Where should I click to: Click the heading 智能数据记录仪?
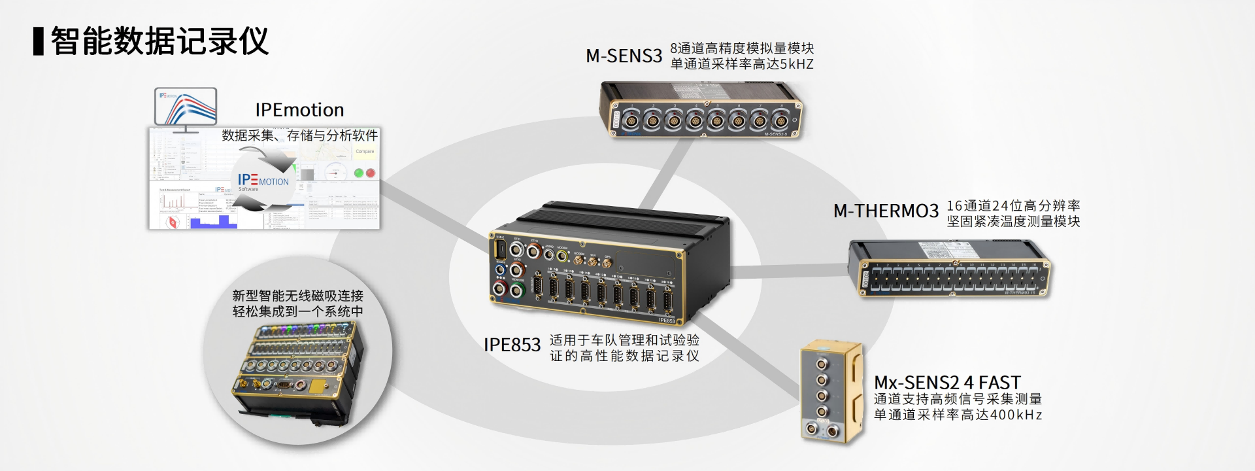tap(159, 41)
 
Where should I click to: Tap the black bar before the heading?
tap(39, 41)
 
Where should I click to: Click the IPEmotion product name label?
tap(299, 110)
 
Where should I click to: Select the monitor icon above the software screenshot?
tap(186, 109)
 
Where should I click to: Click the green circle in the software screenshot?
tap(359, 173)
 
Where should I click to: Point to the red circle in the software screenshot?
tap(371, 173)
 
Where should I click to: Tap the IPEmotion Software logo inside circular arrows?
tap(263, 181)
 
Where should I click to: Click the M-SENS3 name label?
tap(624, 56)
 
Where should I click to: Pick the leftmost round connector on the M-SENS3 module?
tap(631, 120)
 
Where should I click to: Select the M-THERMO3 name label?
tap(886, 211)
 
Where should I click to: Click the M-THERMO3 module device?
tap(949, 268)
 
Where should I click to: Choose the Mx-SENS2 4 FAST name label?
tap(947, 382)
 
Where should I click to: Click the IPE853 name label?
tap(512, 345)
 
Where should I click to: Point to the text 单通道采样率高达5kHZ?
tap(742, 64)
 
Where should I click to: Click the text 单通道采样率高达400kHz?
tap(958, 415)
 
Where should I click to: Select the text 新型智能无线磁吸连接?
tap(297, 296)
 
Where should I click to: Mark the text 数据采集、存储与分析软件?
tap(299, 135)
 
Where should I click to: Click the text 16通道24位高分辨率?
tap(1013, 205)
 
